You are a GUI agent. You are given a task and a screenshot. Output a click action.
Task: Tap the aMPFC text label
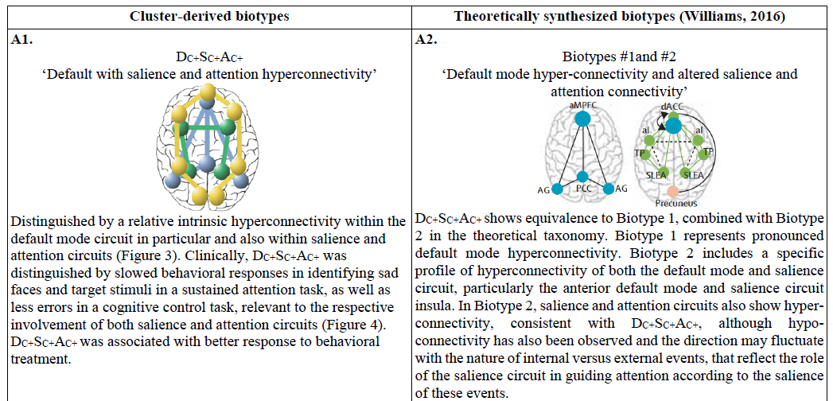tap(582, 105)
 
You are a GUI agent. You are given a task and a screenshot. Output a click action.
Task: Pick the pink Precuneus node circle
tap(674, 192)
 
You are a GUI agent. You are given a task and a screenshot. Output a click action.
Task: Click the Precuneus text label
tap(674, 203)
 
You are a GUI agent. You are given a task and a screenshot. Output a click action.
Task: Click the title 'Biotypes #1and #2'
tap(620, 57)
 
